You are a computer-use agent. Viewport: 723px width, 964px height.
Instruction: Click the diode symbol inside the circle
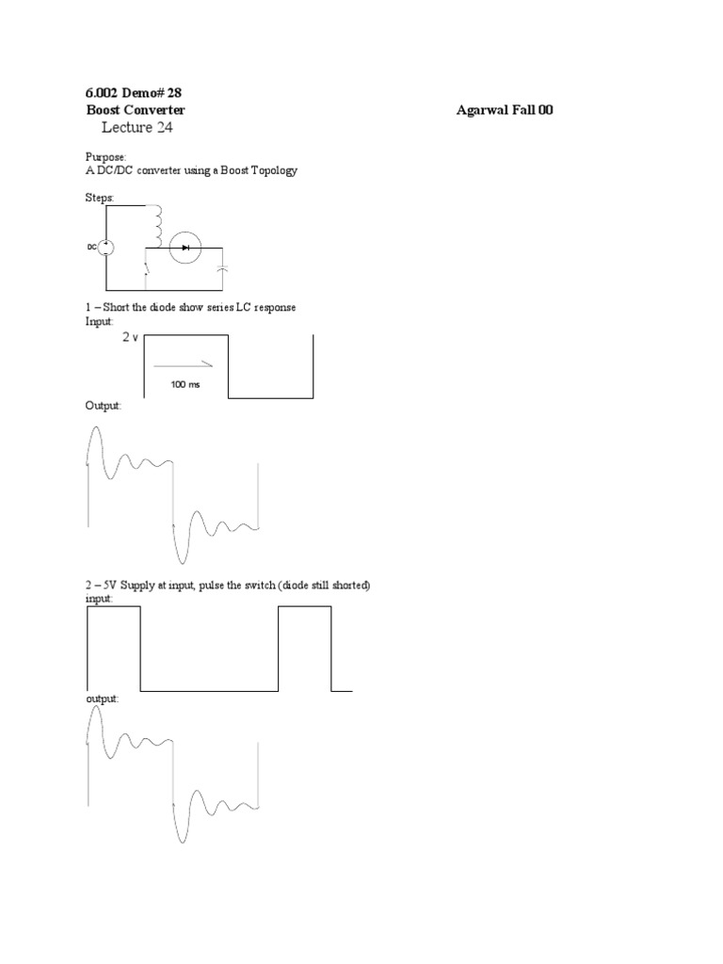tap(185, 248)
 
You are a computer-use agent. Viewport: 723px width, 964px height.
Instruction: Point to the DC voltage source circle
tap(106, 247)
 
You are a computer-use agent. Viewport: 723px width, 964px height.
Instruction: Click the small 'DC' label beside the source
tap(92, 247)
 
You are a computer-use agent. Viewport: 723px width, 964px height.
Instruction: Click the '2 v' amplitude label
tap(130, 337)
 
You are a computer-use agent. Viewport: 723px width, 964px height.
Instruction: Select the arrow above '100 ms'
tap(183, 364)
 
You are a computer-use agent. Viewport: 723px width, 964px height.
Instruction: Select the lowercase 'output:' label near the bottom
tap(103, 699)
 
